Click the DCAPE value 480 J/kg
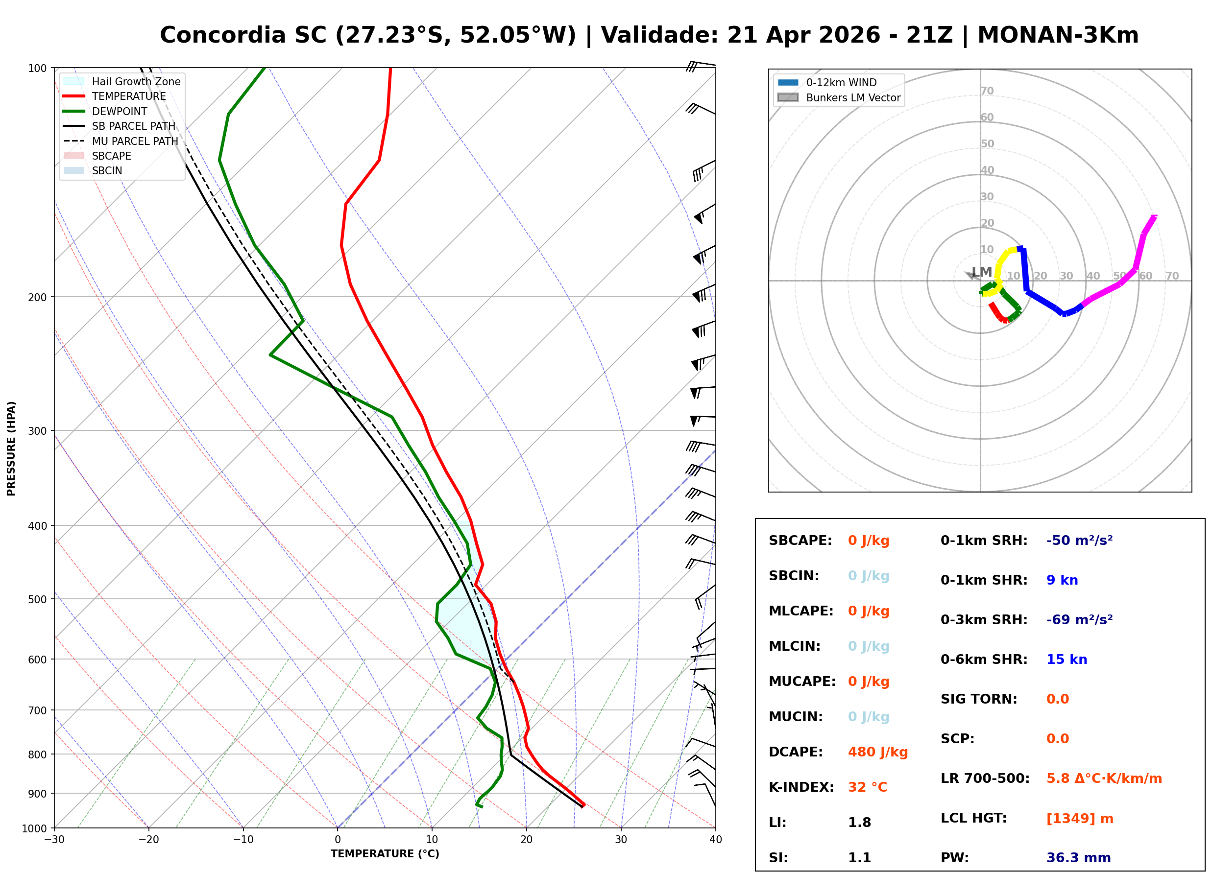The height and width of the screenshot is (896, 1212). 877,752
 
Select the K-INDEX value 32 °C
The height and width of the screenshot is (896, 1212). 867,787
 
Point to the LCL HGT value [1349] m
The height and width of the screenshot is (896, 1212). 1079,819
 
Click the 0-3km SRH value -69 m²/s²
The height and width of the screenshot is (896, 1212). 1079,620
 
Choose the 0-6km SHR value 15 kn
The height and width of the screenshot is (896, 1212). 1066,660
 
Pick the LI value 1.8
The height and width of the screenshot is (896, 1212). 859,823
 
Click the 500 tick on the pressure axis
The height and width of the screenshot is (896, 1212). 37,599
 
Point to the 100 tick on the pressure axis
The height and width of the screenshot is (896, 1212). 37,69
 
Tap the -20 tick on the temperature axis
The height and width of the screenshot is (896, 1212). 148,840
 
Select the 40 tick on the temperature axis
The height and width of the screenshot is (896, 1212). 715,840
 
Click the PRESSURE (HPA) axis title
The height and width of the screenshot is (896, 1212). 11,448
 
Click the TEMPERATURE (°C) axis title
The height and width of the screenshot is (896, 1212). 385,854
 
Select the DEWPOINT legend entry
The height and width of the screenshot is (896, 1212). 120,111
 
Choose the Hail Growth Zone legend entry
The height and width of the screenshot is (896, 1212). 136,81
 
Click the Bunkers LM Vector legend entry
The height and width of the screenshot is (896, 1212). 853,97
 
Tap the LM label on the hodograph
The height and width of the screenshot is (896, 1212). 981,272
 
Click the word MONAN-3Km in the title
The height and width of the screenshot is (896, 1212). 1057,35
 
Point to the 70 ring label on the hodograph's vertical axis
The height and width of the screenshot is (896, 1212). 987,91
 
